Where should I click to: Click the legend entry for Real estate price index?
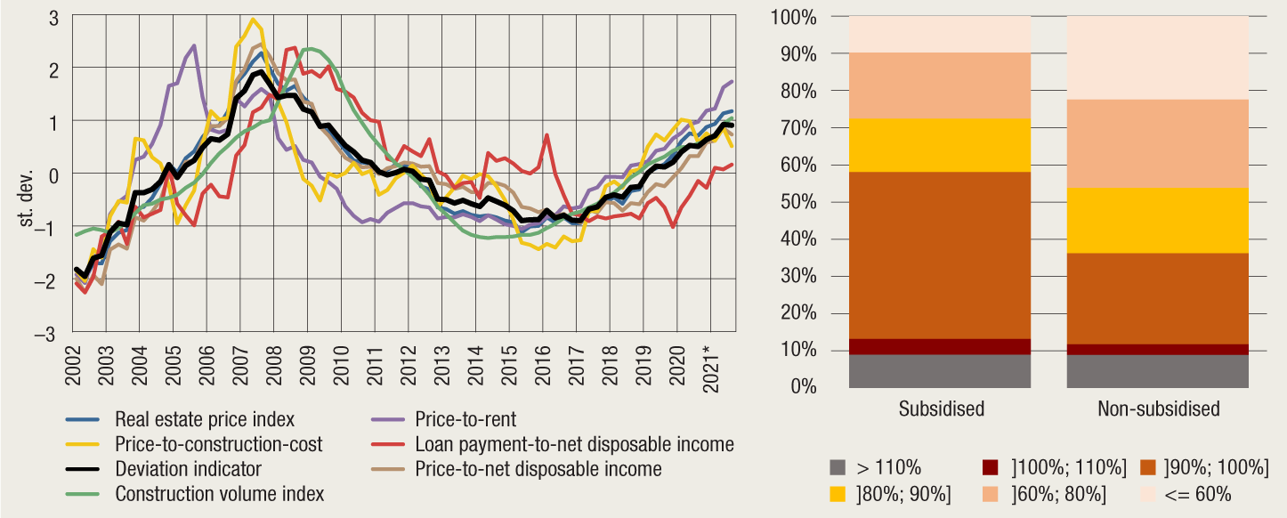tap(205, 419)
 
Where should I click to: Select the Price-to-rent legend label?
tap(465, 419)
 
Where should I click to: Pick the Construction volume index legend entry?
tap(220, 493)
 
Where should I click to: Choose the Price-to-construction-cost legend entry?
tap(219, 443)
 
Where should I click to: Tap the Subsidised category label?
tap(939, 409)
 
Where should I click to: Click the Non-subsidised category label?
tap(1158, 409)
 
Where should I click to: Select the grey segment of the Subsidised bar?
tap(939, 371)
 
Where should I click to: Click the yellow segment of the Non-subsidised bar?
tap(1157, 221)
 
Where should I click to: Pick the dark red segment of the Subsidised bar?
tap(939, 346)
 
